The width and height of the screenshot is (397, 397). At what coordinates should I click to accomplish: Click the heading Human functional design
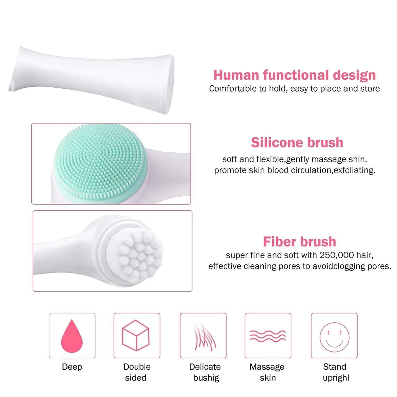(295, 75)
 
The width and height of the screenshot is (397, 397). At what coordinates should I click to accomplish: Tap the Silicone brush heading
(297, 142)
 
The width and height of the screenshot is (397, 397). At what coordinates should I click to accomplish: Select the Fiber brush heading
(300, 241)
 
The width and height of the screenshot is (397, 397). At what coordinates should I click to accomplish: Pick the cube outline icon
(136, 336)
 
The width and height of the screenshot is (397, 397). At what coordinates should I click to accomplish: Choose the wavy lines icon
(268, 336)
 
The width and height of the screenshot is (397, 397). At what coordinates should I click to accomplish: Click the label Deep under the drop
(72, 367)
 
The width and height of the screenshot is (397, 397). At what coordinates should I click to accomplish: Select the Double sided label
(137, 372)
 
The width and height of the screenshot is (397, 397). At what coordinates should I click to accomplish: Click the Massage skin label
(267, 372)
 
